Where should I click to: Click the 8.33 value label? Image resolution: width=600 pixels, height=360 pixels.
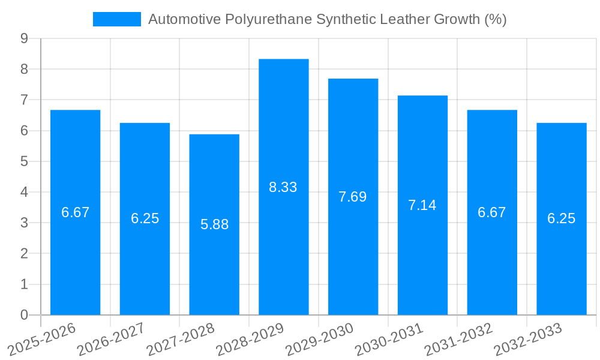pyautogui.click(x=283, y=187)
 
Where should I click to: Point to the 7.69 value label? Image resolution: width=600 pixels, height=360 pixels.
pyautogui.click(x=353, y=197)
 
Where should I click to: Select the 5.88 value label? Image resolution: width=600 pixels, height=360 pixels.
pyautogui.click(x=214, y=224)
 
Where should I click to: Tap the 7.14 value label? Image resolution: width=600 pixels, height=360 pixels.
pyautogui.click(x=422, y=205)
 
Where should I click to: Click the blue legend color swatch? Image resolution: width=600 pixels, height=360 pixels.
pyautogui.click(x=116, y=19)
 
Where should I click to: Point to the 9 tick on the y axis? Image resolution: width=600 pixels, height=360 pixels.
pyautogui.click(x=24, y=38)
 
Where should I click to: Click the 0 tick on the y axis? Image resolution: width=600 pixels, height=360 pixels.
pyautogui.click(x=24, y=315)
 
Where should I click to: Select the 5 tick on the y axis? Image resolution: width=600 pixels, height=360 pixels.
pyautogui.click(x=24, y=161)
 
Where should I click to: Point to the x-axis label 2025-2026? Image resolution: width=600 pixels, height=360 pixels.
pyautogui.click(x=41, y=340)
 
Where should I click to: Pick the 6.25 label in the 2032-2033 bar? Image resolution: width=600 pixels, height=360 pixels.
pyautogui.click(x=561, y=218)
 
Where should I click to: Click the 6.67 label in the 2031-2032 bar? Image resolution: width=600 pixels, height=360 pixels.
pyautogui.click(x=492, y=212)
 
